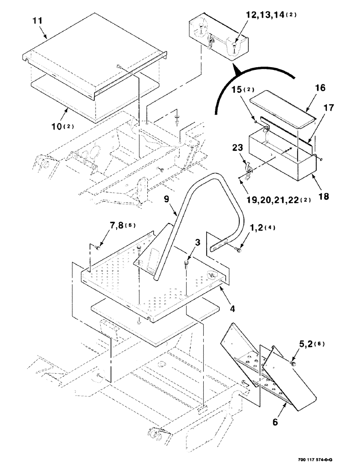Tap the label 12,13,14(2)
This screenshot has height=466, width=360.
click(x=270, y=15)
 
